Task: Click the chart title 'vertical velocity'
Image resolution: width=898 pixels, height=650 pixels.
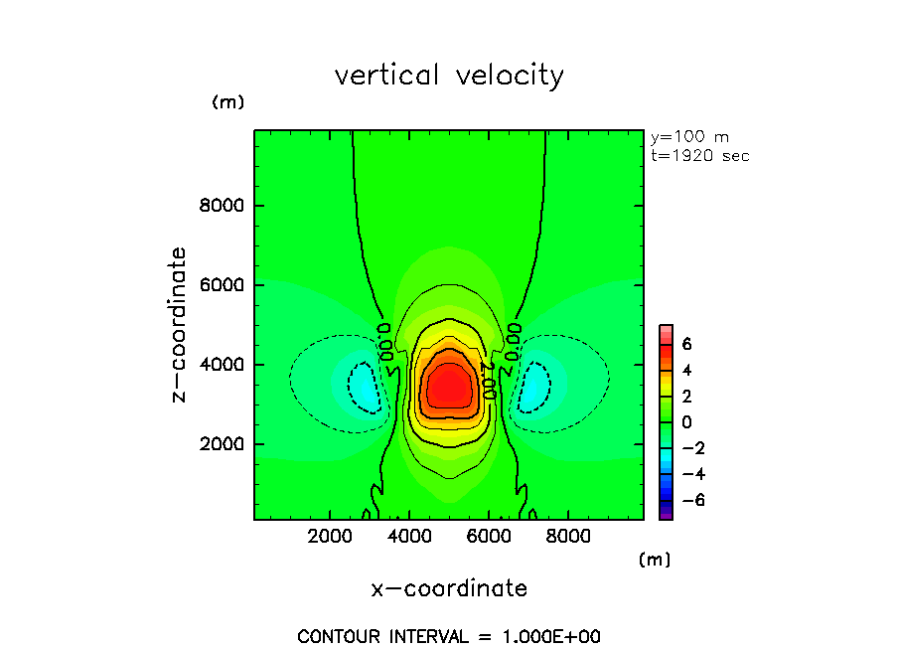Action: (449, 76)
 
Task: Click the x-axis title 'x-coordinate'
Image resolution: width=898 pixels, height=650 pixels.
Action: (449, 588)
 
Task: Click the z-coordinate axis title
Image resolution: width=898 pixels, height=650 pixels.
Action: (180, 324)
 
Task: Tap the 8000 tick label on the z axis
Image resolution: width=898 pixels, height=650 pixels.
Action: (224, 206)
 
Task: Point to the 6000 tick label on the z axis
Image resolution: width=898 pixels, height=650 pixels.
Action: (224, 285)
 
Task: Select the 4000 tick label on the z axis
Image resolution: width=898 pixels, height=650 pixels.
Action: (224, 365)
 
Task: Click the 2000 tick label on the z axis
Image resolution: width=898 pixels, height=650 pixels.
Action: (224, 444)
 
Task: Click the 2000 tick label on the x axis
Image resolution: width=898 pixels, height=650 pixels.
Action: (331, 537)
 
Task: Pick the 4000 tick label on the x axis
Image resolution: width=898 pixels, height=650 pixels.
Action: (409, 537)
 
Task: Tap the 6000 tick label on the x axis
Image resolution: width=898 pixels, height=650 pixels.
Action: (488, 537)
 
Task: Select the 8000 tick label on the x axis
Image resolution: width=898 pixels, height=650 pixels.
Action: (566, 537)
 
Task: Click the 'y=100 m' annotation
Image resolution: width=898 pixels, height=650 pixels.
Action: (689, 137)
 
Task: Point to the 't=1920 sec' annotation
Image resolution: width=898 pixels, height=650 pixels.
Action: (699, 155)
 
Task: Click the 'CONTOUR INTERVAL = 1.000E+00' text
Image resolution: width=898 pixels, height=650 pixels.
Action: (449, 636)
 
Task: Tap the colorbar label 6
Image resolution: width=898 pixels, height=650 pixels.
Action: (685, 344)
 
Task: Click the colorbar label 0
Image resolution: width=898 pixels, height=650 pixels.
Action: (685, 421)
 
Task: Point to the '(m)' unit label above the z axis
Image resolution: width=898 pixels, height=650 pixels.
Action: (227, 102)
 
